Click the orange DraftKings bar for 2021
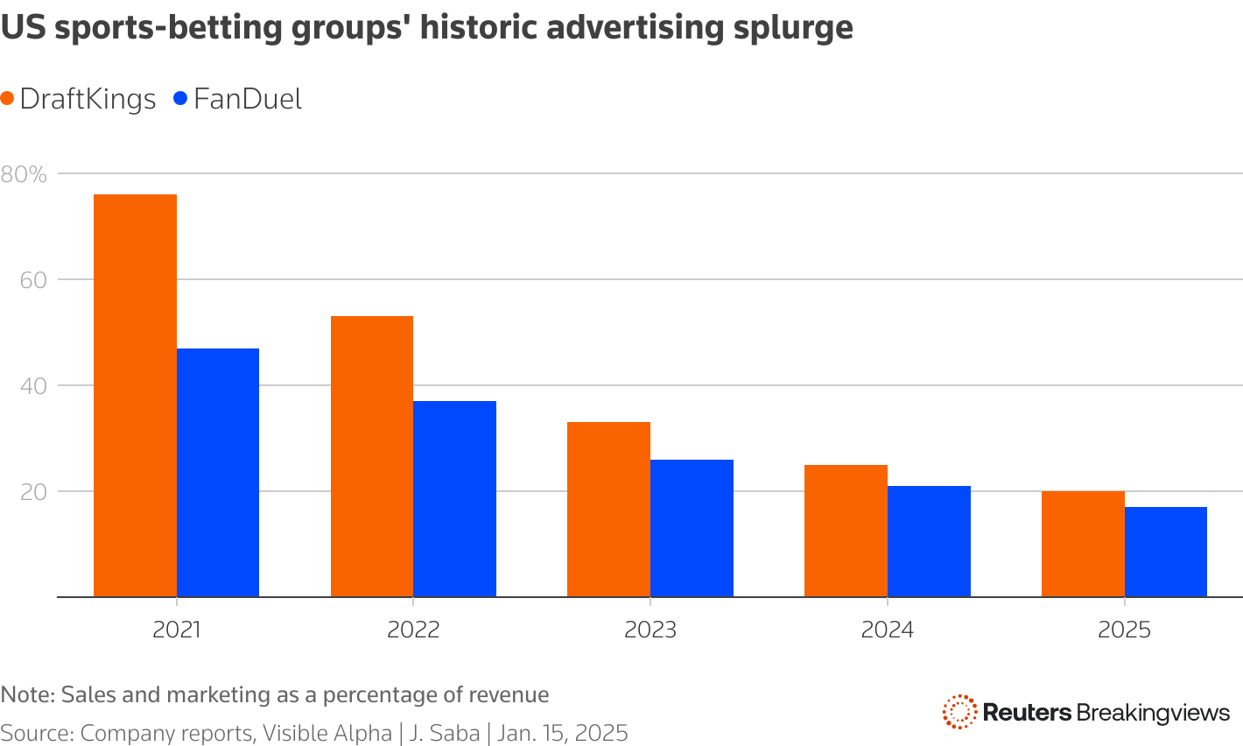pos(135,396)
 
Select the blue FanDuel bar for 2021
pos(218,473)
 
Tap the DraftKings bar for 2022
pos(372,456)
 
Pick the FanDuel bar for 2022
pos(454,499)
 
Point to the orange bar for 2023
pos(608,510)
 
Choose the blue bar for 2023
pos(692,528)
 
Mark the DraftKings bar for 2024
pos(846,531)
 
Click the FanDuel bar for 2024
pos(929,541)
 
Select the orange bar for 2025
pos(1083,544)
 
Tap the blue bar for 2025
pos(1165,552)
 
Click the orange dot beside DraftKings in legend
pos(8,99)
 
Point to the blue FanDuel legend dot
pos(181,99)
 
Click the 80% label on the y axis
pos(24,174)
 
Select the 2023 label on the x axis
pos(650,630)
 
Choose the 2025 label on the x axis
pos(1124,630)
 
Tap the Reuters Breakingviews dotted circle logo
pos(959,712)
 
